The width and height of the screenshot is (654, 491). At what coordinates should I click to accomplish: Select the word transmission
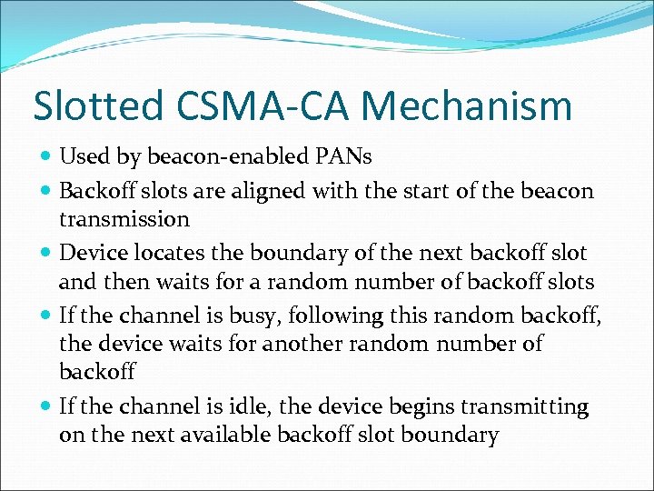[124, 219]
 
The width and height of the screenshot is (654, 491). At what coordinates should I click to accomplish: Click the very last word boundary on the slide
[452, 435]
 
